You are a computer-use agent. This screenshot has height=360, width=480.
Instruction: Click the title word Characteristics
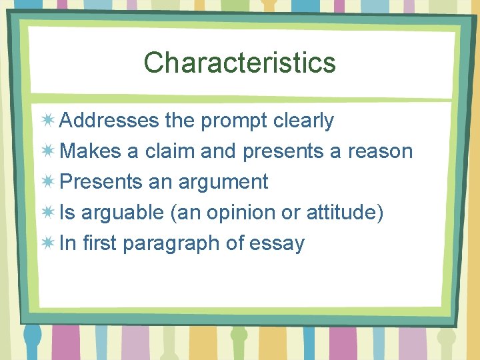pos(239,63)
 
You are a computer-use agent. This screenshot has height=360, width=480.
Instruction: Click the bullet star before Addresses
pos(48,121)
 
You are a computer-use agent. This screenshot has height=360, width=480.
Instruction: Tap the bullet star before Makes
pos(48,151)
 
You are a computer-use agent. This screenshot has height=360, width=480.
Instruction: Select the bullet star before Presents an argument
pos(48,182)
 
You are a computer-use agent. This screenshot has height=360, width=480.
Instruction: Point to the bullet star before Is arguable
pos(48,213)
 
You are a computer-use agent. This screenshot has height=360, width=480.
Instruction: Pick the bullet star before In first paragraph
pos(48,243)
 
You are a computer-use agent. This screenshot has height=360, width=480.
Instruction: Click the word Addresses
pos(109,121)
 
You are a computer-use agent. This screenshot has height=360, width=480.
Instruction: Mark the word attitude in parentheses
pos(342,213)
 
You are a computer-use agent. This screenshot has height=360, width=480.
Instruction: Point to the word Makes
pos(90,151)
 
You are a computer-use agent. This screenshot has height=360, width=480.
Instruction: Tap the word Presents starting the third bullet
pos(101,182)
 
